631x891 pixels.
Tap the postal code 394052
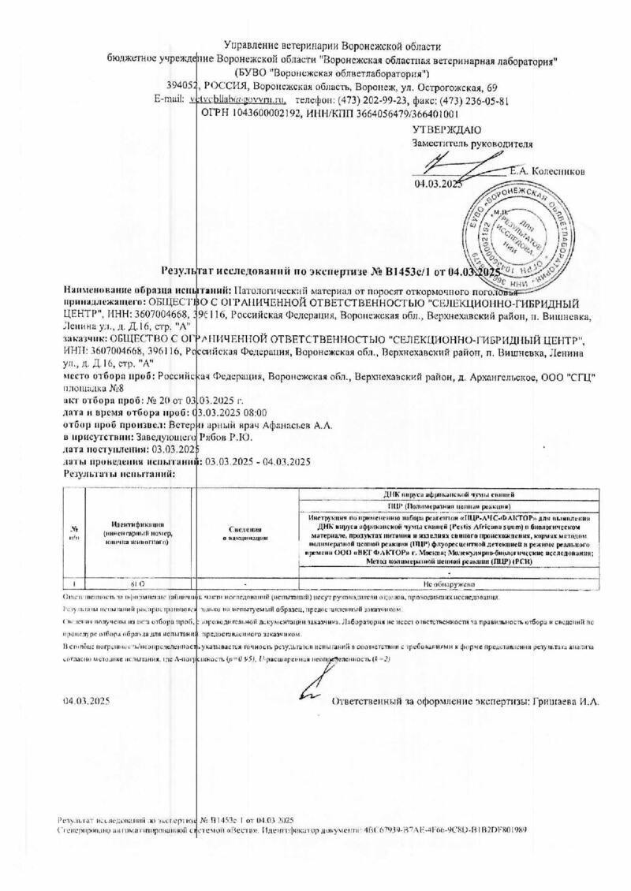click(x=183, y=86)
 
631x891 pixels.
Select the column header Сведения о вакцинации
click(x=245, y=534)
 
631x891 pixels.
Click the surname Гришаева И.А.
click(x=566, y=700)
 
